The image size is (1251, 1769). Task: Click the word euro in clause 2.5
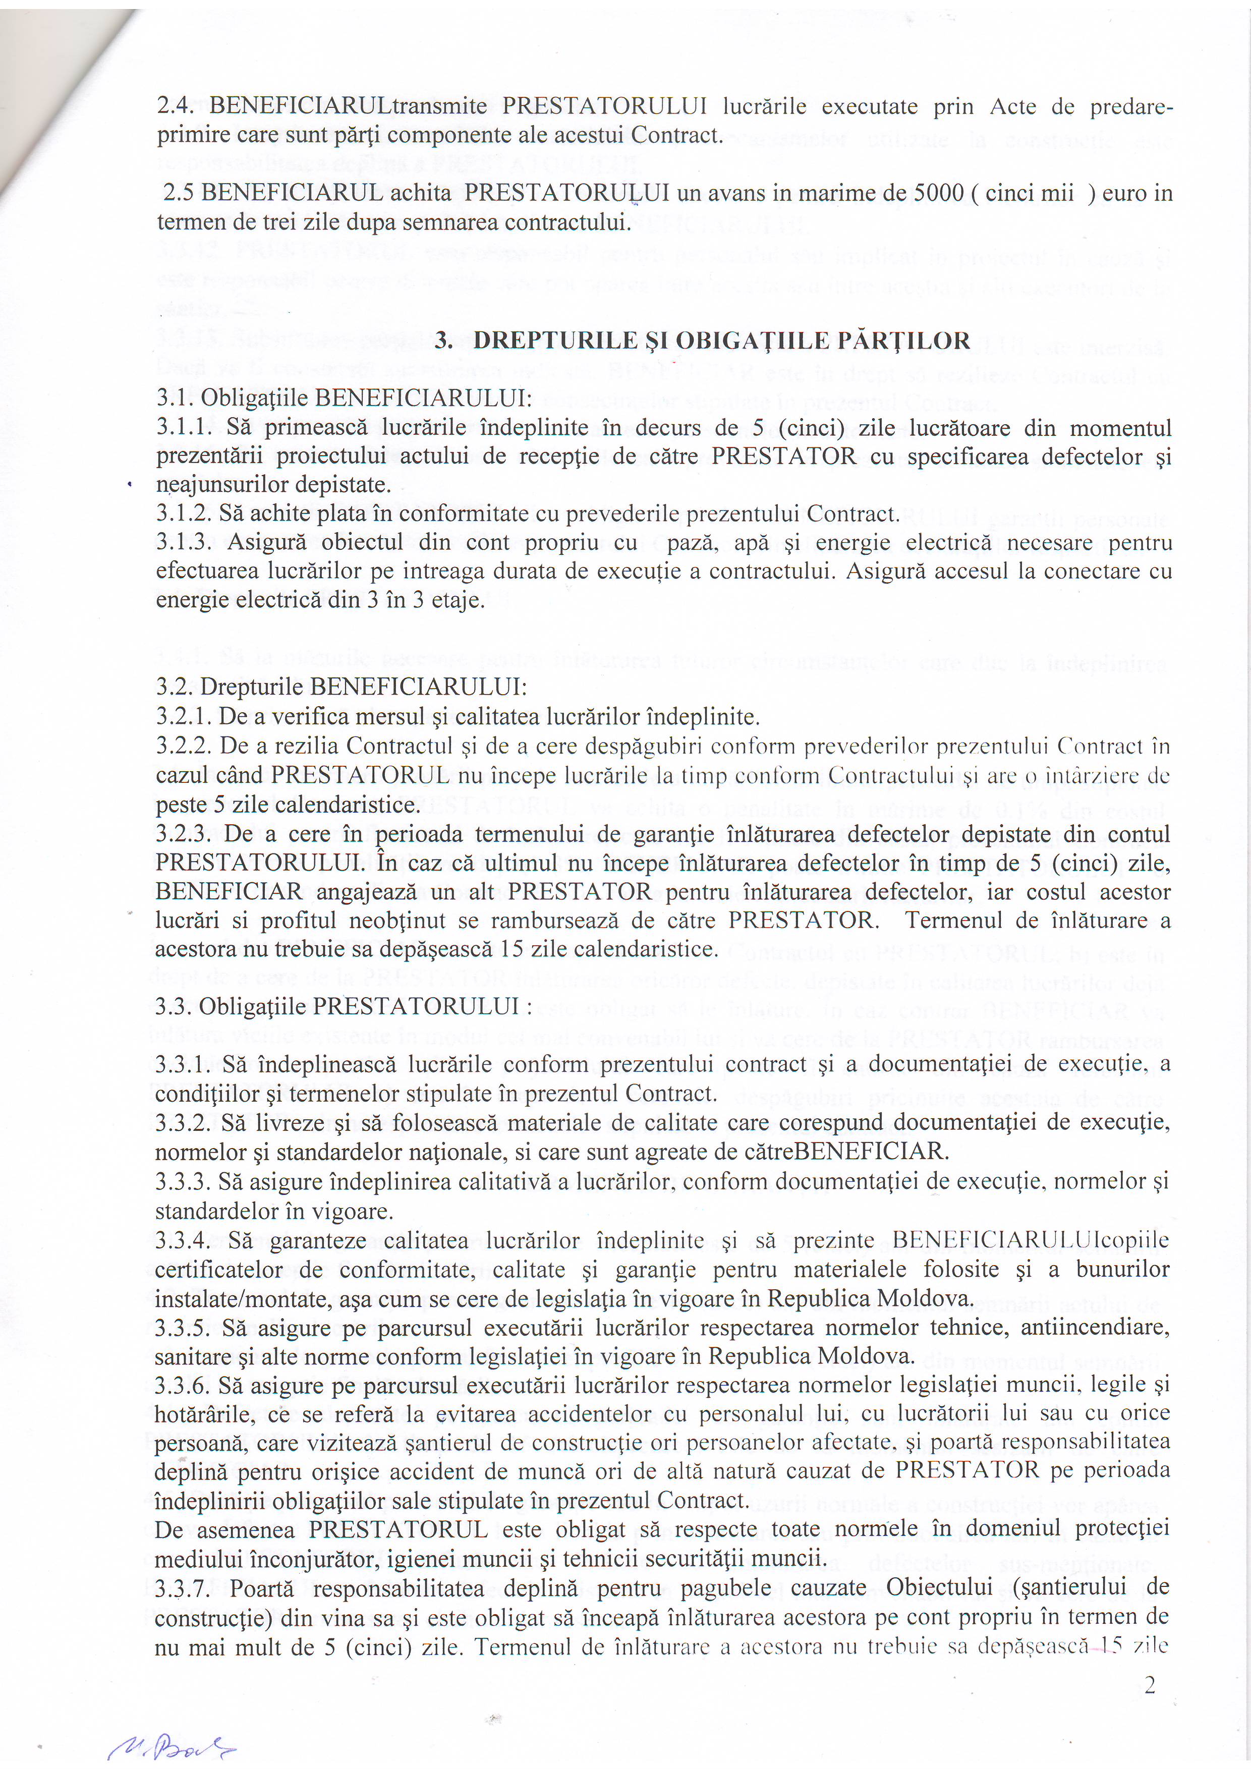[x=1126, y=193]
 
